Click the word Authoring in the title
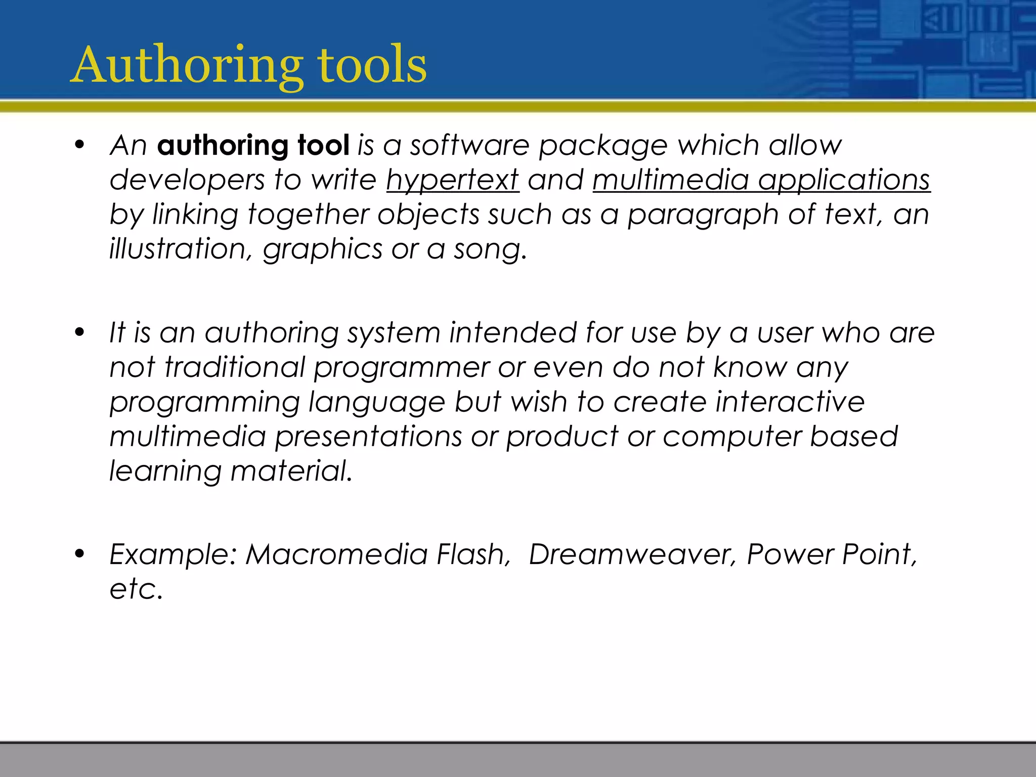[x=187, y=66]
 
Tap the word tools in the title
[x=372, y=66]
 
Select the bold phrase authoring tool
[x=253, y=146]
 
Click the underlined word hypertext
[x=453, y=181]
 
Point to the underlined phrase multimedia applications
[x=761, y=181]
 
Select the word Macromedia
[x=336, y=554]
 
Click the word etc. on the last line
[x=136, y=589]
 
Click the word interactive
[x=790, y=402]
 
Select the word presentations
[x=368, y=437]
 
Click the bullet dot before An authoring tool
[x=79, y=146]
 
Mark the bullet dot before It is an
[x=79, y=333]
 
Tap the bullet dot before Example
[x=79, y=554]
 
